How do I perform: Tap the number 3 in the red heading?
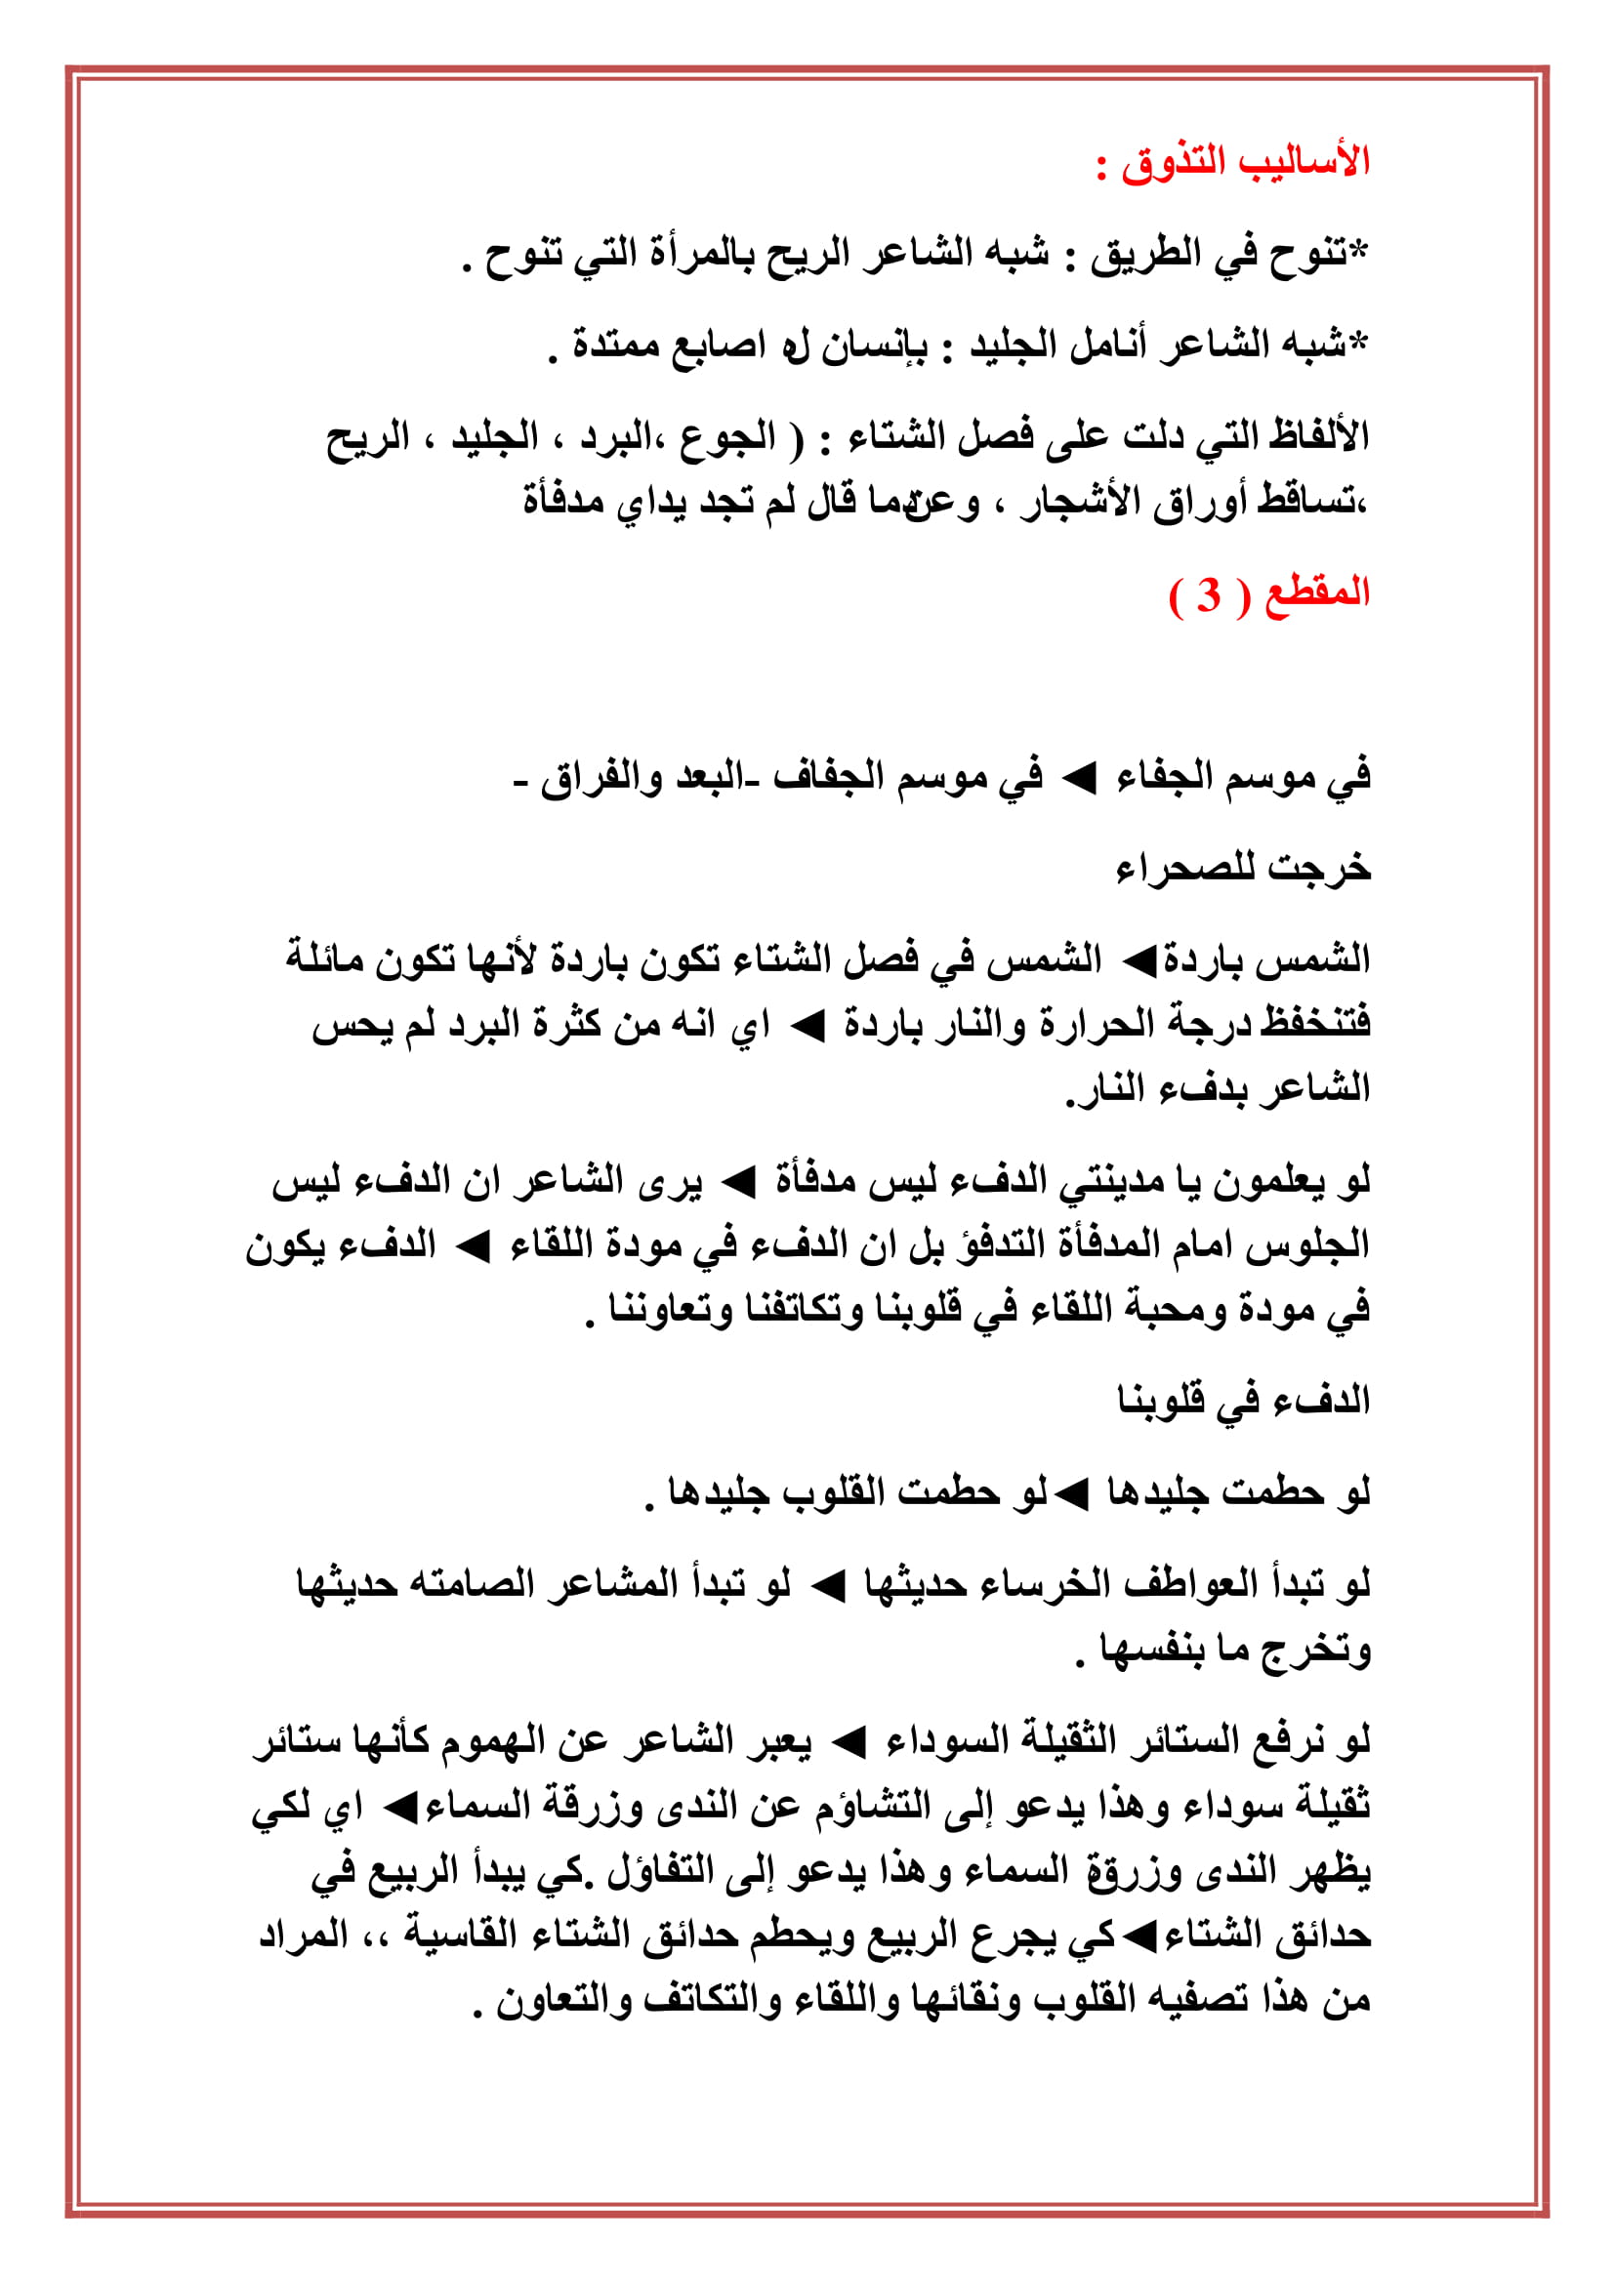pyautogui.click(x=1207, y=594)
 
